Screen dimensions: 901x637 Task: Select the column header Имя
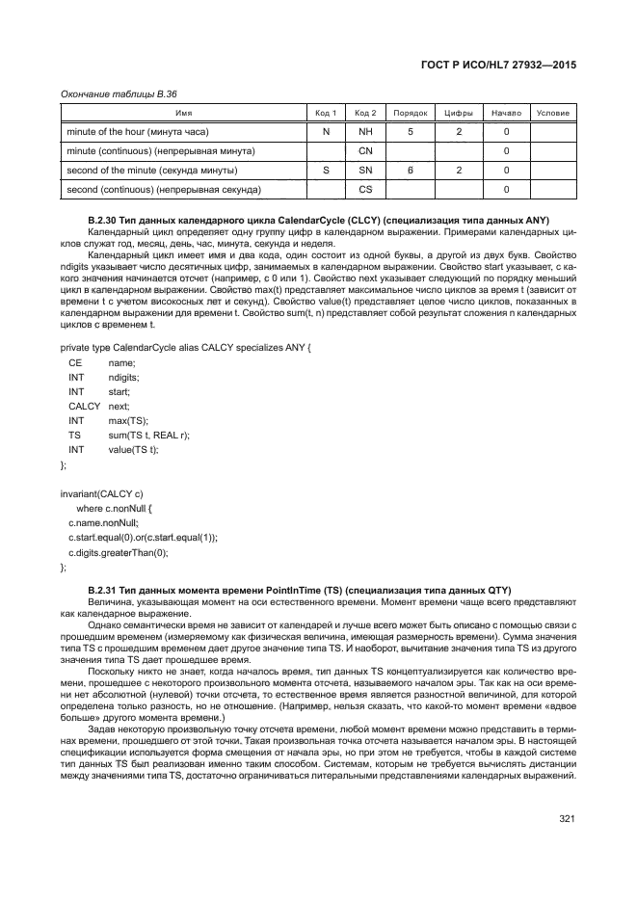coord(183,113)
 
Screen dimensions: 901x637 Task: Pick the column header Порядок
coord(411,113)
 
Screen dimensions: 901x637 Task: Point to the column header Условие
coord(552,113)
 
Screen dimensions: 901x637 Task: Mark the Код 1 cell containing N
coord(326,131)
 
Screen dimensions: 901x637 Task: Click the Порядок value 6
coord(411,170)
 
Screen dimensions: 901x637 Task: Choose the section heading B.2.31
coord(299,589)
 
